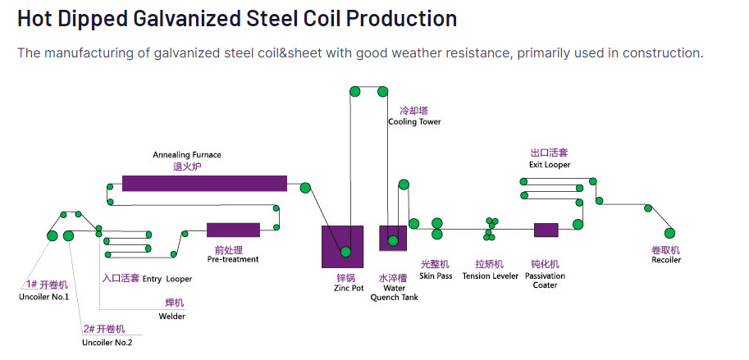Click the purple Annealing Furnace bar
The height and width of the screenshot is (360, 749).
(204, 183)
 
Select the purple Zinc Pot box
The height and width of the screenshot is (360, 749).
(342, 246)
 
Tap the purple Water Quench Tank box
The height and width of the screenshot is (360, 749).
(393, 238)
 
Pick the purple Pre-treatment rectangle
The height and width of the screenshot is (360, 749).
(233, 230)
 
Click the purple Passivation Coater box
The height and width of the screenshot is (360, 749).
(546, 230)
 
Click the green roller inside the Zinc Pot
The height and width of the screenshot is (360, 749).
(345, 252)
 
